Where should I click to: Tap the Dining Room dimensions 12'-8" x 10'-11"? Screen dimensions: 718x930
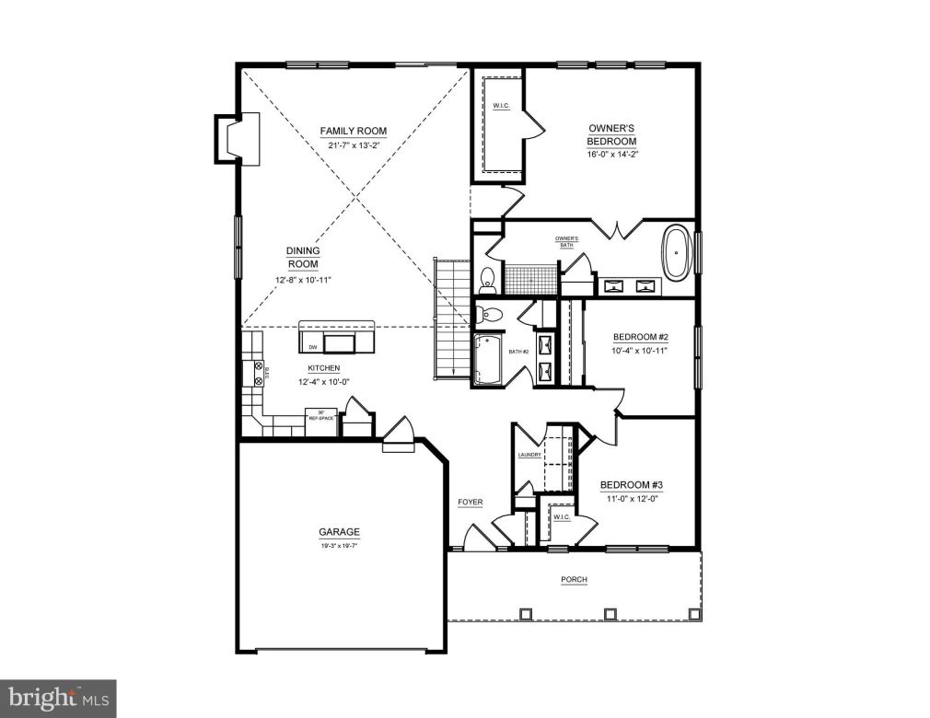(x=303, y=280)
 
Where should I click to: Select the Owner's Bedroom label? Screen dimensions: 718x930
(x=612, y=134)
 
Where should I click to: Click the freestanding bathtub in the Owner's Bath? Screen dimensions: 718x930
(x=678, y=252)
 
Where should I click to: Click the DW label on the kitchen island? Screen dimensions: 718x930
(x=313, y=347)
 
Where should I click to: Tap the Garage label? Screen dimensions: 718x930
(x=339, y=532)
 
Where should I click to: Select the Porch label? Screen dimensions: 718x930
(x=574, y=580)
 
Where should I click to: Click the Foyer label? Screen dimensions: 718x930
(x=470, y=502)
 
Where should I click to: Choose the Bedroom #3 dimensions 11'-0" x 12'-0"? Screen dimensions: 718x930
(x=634, y=499)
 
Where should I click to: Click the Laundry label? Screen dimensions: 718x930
(x=529, y=455)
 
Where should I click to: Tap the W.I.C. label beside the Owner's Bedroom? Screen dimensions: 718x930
(x=501, y=106)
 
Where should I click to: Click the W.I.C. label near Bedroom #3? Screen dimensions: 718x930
(x=562, y=517)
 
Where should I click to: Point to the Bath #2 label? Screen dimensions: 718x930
(x=517, y=352)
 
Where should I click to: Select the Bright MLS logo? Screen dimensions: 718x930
(x=58, y=697)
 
